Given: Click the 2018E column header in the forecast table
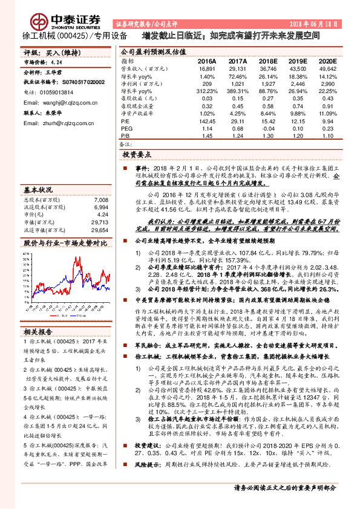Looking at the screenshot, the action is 268,61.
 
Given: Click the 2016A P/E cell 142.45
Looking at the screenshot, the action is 208,120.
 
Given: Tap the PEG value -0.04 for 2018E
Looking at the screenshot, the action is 268,128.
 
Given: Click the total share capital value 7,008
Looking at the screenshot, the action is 101,199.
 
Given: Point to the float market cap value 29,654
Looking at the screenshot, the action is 99,230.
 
